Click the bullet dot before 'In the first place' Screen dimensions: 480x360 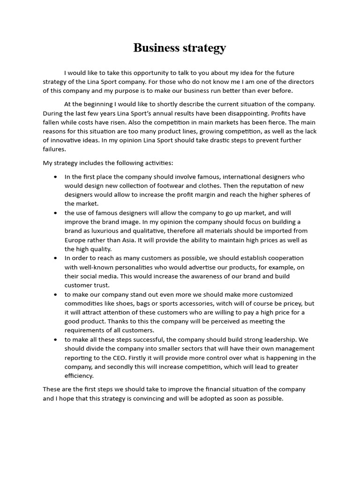(x=56, y=177)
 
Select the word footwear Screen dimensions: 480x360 (x=176, y=186)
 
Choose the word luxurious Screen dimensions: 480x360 (x=99, y=231)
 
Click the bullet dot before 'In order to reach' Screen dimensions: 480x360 (x=56, y=258)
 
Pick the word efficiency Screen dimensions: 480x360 (x=79, y=375)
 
